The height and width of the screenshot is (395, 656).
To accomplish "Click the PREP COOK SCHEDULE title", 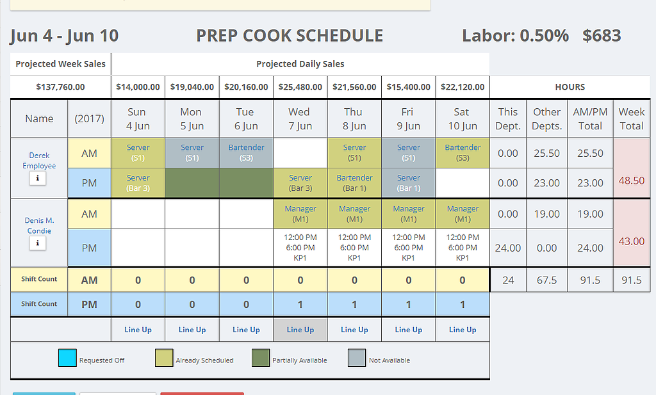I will tap(290, 36).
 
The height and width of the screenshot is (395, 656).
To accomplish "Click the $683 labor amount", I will tap(602, 36).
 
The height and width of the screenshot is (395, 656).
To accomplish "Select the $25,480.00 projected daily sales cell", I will tap(300, 87).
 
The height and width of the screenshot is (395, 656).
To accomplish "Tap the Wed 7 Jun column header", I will tap(299, 118).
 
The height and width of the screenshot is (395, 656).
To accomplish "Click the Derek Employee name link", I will tap(39, 160).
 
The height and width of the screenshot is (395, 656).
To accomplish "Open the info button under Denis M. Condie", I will tap(38, 243).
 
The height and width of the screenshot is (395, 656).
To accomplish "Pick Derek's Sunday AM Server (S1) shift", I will tap(138, 152).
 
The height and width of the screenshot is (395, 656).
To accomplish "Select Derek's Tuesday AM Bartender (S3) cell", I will tap(246, 152).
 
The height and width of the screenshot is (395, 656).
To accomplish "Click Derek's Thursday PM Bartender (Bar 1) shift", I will tap(354, 182).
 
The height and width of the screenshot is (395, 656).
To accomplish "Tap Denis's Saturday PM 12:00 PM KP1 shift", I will tap(463, 248).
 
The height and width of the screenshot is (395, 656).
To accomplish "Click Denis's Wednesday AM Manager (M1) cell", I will tap(300, 214).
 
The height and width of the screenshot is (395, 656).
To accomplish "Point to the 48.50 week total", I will tap(631, 181).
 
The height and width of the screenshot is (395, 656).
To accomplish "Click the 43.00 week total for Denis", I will tap(631, 241).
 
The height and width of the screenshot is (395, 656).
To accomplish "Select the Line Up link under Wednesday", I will tap(300, 330).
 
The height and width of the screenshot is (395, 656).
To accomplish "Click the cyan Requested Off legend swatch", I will tap(67, 359).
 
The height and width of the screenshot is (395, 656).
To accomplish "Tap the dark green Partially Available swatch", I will tap(260, 359).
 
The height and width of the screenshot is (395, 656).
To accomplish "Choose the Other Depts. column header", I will tap(546, 118).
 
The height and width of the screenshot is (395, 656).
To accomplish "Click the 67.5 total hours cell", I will tap(546, 280).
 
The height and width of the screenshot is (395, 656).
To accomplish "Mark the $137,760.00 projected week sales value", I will tap(60, 87).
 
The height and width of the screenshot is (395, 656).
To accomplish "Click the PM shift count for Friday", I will tap(408, 305).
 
